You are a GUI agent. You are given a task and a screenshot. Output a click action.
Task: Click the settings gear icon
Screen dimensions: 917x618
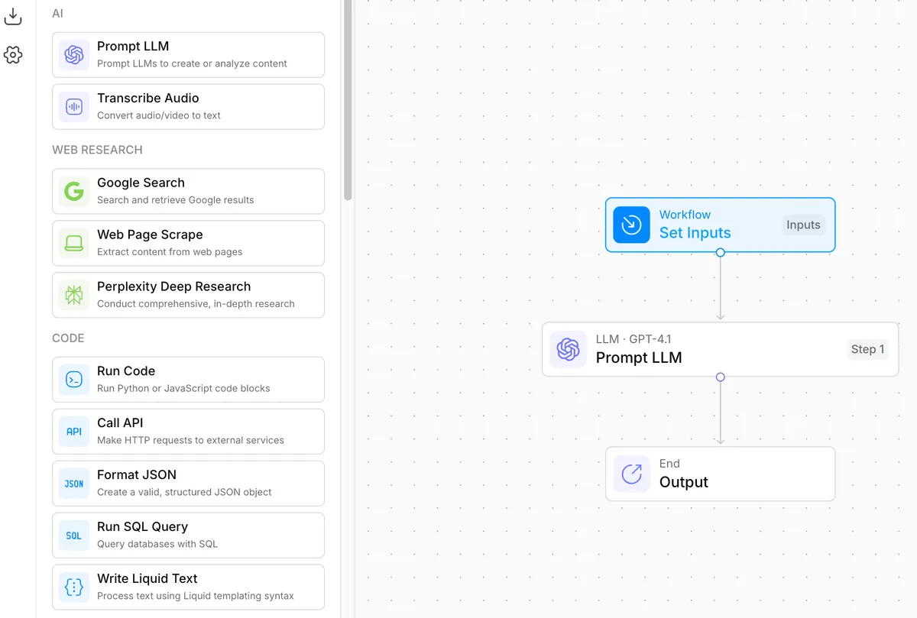pos(13,55)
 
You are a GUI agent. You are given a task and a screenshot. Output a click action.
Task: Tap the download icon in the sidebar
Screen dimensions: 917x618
pos(13,16)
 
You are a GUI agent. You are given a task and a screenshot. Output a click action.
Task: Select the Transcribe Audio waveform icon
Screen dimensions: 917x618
pos(74,107)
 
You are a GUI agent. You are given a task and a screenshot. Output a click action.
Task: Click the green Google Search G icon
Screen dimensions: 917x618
pos(74,191)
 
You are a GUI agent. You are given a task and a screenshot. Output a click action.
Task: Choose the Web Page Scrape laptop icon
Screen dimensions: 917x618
pos(74,243)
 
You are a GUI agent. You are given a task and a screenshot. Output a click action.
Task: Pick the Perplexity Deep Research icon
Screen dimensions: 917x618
pos(74,295)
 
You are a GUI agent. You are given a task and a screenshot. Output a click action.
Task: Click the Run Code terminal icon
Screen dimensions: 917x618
pos(74,380)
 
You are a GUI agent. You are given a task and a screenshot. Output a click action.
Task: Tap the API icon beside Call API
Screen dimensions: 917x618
pos(74,432)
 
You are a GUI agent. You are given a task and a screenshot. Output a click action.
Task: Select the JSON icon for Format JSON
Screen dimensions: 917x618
pos(74,484)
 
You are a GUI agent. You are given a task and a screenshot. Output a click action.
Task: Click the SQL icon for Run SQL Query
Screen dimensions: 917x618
pos(74,535)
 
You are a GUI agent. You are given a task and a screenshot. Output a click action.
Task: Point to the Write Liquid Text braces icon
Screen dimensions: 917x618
pos(74,587)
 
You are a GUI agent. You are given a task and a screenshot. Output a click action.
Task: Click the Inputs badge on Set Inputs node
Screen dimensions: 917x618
pos(803,225)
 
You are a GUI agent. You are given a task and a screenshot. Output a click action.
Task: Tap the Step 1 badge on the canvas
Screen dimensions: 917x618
pos(867,349)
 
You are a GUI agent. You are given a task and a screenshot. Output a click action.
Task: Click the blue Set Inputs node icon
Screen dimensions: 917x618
pos(631,225)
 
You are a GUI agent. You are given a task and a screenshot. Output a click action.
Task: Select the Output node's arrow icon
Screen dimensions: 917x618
pos(631,474)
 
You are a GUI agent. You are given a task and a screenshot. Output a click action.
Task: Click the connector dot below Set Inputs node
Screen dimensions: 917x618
pos(721,253)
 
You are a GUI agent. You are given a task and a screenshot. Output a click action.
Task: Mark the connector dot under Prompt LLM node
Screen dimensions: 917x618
pos(721,377)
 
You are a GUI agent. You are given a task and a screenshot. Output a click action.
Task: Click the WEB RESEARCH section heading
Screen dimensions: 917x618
pos(98,150)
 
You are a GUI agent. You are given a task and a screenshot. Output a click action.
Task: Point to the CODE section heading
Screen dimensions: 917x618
pos(68,338)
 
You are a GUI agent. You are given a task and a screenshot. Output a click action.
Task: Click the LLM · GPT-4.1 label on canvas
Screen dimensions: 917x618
pos(633,339)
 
